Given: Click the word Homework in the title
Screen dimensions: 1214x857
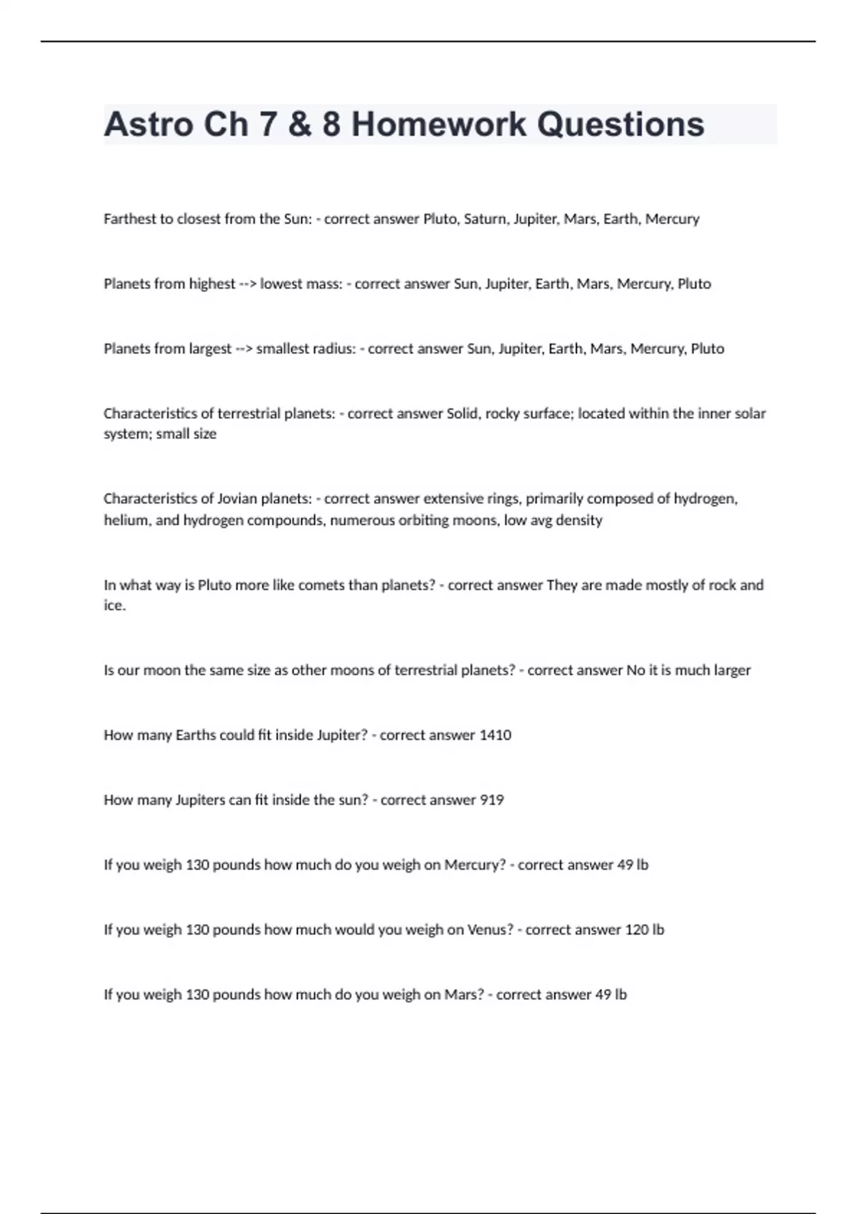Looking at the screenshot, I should [x=438, y=124].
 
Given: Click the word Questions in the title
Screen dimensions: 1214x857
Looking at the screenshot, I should [x=621, y=124].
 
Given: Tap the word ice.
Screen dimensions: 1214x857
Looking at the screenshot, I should [x=114, y=606].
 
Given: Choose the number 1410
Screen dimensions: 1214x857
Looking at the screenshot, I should [x=495, y=736].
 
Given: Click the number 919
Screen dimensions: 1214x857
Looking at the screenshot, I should [x=491, y=801].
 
